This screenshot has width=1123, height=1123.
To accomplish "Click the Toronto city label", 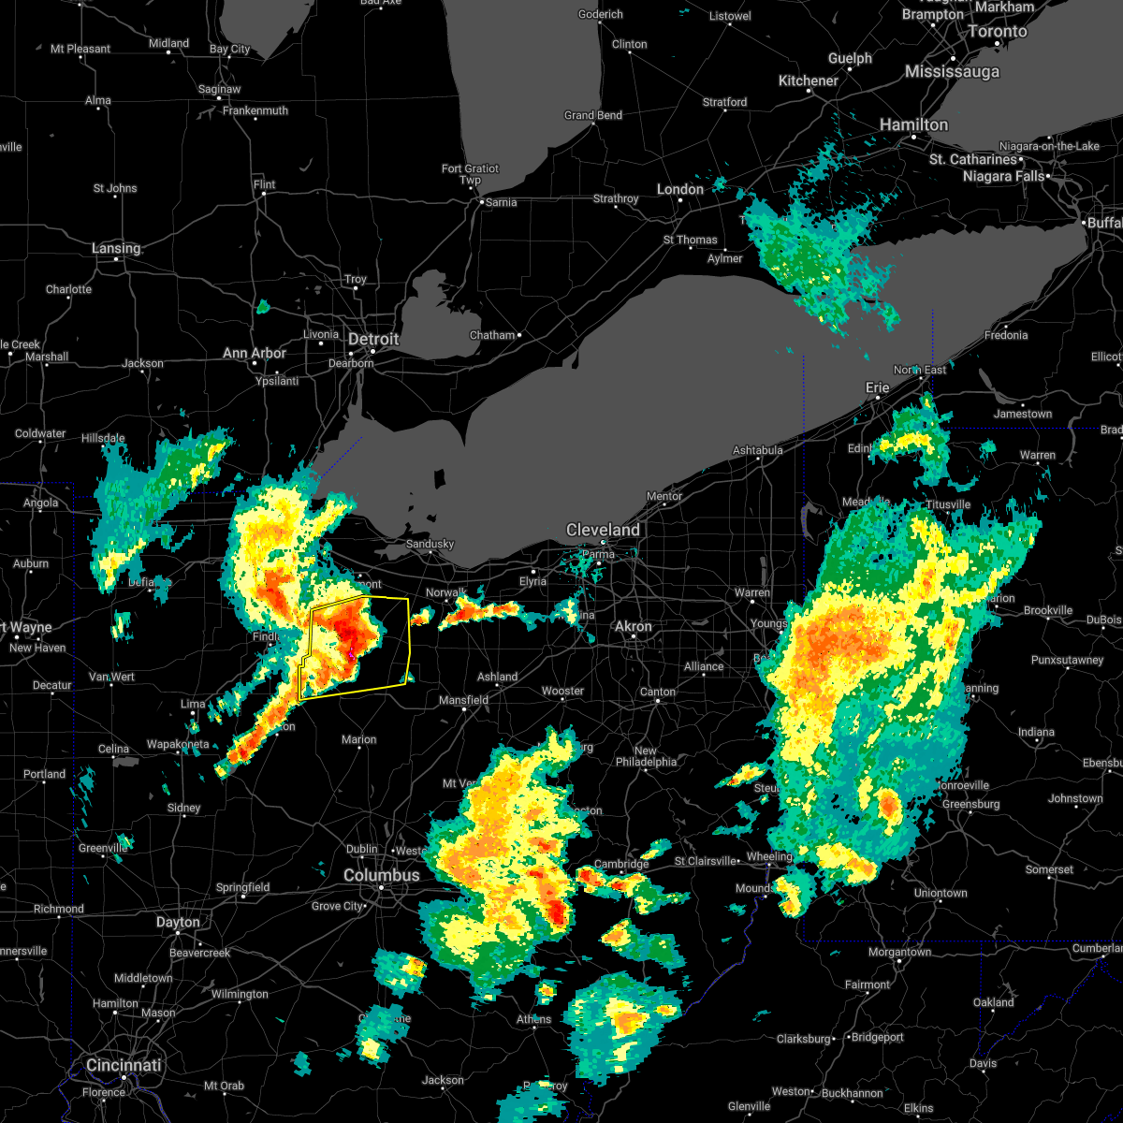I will [x=998, y=31].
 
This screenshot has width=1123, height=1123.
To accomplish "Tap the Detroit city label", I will [x=373, y=339].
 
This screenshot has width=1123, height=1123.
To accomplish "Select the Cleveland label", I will [x=603, y=530].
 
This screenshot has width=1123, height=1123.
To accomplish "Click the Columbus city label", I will [x=382, y=875].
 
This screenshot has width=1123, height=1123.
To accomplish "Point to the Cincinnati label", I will [x=124, y=1065].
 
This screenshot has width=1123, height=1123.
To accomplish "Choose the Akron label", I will [x=634, y=626].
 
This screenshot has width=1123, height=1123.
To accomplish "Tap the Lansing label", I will [x=116, y=248].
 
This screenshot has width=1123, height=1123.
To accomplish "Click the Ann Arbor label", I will [x=255, y=353].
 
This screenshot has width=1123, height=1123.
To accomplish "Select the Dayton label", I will [x=178, y=922].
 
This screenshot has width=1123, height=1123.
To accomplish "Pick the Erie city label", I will [x=877, y=387].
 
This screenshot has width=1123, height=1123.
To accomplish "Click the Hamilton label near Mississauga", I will [x=913, y=124].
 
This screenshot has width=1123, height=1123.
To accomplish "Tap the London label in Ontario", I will [x=680, y=189].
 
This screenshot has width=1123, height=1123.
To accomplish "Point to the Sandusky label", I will [x=430, y=544].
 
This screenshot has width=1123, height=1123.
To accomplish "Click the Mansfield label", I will [x=464, y=699].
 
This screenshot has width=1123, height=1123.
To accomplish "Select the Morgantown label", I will [x=900, y=952].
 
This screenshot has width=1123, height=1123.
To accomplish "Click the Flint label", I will [x=265, y=184].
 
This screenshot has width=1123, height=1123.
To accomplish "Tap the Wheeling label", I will [x=769, y=856].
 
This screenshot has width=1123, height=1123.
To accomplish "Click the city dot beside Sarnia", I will [x=481, y=201].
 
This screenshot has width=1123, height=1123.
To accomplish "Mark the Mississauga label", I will [x=952, y=72].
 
